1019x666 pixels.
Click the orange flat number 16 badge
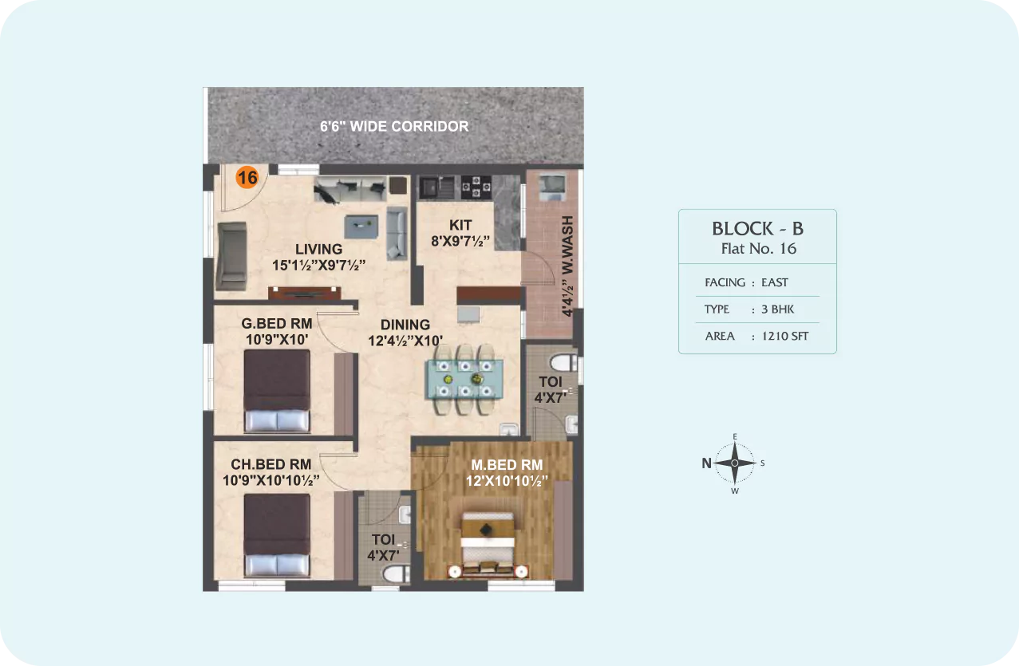(x=247, y=177)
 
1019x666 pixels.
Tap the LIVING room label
(x=319, y=249)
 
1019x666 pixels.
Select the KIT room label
(x=460, y=225)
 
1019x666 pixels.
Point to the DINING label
(x=405, y=325)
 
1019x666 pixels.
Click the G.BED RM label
(x=277, y=323)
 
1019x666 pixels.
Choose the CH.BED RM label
(x=271, y=464)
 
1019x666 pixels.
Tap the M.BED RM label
(x=507, y=465)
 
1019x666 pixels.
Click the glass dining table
(x=464, y=379)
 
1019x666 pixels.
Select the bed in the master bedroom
(x=488, y=545)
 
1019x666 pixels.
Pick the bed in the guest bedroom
(x=277, y=391)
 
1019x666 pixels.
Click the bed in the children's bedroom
(x=277, y=535)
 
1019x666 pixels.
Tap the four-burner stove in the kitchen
(x=476, y=187)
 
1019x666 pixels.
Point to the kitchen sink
(x=436, y=187)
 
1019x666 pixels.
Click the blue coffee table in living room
(x=361, y=227)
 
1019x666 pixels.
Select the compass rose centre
(x=735, y=463)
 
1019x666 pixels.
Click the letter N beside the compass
(x=706, y=463)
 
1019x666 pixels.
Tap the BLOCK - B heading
(x=757, y=229)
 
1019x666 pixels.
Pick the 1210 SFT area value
(x=784, y=336)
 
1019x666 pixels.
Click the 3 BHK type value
(x=777, y=309)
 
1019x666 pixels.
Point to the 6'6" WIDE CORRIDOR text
(x=394, y=126)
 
